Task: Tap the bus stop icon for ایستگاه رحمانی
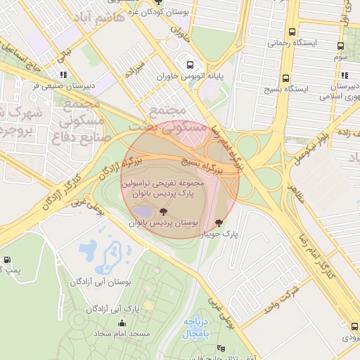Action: (291, 31)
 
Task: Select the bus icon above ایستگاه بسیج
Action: (285, 78)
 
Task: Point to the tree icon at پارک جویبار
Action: (226, 222)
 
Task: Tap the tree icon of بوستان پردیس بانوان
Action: (163, 212)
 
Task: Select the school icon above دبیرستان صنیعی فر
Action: (63, 74)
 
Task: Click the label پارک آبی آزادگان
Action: (112, 308)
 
